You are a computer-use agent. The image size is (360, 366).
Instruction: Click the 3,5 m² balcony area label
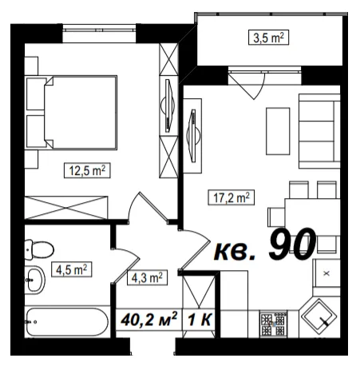point(268,38)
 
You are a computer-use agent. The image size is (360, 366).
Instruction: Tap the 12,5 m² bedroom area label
point(87,170)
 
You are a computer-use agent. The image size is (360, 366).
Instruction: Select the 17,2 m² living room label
point(231,197)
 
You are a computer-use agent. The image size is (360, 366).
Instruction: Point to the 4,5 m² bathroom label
point(71,269)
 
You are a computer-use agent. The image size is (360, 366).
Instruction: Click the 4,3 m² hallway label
point(147,277)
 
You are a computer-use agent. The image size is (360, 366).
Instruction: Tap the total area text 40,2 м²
point(148,319)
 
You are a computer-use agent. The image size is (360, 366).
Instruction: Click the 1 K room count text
point(200,320)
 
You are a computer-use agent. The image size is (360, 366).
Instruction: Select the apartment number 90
point(292,244)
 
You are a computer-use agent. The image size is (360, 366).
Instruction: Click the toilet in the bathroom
point(39,249)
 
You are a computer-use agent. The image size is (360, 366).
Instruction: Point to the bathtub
point(67,322)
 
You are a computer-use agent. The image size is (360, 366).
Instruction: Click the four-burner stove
point(274,324)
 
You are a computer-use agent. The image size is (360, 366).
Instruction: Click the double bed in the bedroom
point(72,112)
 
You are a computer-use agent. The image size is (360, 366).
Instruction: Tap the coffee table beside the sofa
point(278,131)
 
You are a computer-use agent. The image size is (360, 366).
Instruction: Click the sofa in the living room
point(319,131)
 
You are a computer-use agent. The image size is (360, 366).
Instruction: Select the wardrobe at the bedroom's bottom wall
point(66,208)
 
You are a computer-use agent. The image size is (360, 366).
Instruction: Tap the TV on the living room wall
point(193,136)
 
